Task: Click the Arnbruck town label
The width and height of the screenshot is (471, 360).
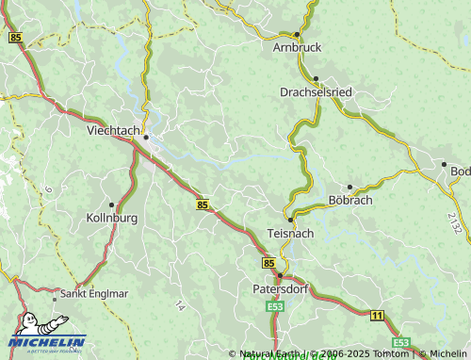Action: [x=297, y=46]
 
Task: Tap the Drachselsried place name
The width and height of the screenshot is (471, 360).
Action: [x=316, y=92]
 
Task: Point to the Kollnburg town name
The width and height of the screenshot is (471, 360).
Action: [x=112, y=218]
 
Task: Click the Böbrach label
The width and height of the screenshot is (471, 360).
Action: [x=350, y=201]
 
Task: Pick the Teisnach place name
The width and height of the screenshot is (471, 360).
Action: [x=290, y=232]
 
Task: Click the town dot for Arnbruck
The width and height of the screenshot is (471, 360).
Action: [x=297, y=34]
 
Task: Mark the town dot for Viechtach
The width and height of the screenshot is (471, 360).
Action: [x=146, y=139]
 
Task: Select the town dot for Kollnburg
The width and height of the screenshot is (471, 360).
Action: [x=112, y=205]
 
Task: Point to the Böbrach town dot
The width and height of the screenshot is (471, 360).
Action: [x=349, y=187]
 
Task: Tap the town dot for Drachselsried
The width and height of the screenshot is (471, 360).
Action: [x=317, y=79]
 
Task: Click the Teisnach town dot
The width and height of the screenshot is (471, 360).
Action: [x=290, y=220]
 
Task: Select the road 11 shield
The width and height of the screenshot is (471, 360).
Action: [x=377, y=315]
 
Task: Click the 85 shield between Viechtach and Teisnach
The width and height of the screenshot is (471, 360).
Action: [x=203, y=204]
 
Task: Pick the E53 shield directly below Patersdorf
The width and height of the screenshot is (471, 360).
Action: [x=275, y=306]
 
